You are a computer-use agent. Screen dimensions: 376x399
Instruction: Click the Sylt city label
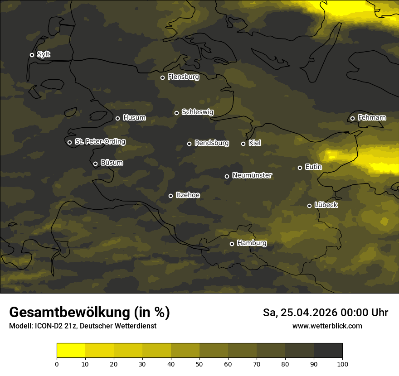click(x=44, y=54)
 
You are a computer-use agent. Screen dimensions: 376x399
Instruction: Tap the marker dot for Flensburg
click(x=162, y=77)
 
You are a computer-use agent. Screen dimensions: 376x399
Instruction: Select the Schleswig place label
click(x=197, y=112)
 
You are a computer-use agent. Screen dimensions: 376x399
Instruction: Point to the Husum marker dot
click(x=117, y=118)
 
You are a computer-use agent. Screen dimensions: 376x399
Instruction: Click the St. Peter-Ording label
click(x=100, y=142)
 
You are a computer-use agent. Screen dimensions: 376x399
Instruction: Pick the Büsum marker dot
click(x=95, y=164)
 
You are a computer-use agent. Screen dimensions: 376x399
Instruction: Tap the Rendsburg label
click(x=211, y=143)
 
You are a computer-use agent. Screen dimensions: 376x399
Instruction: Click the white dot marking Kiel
click(x=243, y=144)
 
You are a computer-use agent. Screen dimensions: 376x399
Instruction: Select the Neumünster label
click(x=252, y=175)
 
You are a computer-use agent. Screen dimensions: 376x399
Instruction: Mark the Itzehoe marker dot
click(x=170, y=196)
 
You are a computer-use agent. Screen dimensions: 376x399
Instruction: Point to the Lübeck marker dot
click(x=309, y=206)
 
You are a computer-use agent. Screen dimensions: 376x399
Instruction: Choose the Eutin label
click(x=313, y=167)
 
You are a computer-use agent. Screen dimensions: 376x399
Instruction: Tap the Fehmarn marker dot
click(x=352, y=118)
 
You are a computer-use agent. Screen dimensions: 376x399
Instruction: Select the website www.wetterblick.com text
click(x=327, y=326)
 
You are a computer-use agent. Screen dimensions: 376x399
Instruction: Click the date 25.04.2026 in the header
click(x=308, y=313)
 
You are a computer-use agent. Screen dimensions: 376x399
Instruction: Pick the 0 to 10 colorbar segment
click(x=71, y=350)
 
